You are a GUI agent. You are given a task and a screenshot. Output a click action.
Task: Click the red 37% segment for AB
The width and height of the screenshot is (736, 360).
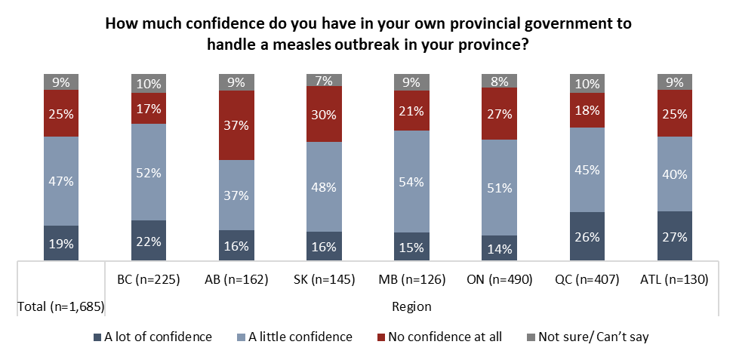pos(237,125)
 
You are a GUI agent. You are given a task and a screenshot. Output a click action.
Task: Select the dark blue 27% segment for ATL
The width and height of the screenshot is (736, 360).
pos(675,236)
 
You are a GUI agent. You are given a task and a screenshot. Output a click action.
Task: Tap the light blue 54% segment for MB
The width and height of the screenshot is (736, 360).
pos(412,181)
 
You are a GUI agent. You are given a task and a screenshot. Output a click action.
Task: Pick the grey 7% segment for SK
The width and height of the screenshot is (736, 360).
pos(325,80)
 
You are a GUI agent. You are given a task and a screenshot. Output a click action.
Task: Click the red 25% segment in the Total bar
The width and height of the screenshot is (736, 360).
pos(62,113)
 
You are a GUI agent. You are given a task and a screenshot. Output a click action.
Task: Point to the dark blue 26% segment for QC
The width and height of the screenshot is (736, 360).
pos(587,236)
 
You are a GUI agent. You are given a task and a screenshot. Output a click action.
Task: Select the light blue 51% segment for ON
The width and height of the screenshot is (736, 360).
pos(500,187)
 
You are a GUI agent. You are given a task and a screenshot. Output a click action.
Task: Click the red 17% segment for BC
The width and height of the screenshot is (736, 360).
pos(149,108)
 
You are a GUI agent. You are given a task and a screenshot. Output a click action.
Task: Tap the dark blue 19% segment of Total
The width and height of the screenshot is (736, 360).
pos(62,243)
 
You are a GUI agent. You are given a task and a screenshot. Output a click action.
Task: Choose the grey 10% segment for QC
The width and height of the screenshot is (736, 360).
pos(587,82)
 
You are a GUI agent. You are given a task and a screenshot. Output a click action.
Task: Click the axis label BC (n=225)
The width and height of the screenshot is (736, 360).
pos(149,278)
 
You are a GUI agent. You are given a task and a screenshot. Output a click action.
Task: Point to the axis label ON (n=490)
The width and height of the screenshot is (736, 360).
pos(499,278)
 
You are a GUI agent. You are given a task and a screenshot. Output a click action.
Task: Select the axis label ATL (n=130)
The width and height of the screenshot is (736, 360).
pos(675,278)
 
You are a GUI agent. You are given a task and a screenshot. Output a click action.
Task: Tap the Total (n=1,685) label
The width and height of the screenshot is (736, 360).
pos(60,306)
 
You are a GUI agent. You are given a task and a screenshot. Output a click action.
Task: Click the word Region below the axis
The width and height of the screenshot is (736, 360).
pos(411,306)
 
